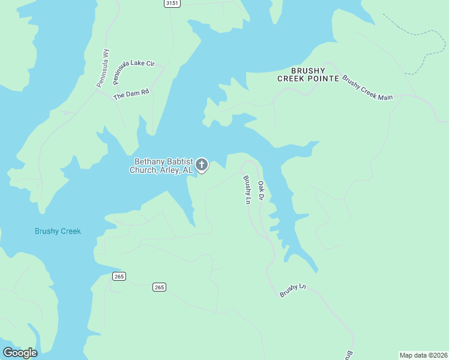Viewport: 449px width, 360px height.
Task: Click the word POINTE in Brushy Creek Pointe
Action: (x=322, y=79)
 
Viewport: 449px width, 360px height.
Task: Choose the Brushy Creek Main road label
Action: (x=367, y=88)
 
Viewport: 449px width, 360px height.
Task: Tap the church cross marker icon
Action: (x=202, y=165)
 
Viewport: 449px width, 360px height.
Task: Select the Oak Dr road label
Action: (x=261, y=190)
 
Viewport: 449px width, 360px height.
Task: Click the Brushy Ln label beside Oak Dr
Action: (x=246, y=190)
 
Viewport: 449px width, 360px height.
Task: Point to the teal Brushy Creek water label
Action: (x=58, y=231)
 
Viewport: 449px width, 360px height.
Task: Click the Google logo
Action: (x=20, y=353)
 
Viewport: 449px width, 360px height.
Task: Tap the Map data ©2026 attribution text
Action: (x=423, y=355)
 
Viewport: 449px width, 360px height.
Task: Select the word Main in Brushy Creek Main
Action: (x=385, y=96)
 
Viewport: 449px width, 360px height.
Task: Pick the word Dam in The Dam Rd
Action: (x=133, y=96)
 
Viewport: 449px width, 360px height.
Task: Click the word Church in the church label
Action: (x=143, y=170)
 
